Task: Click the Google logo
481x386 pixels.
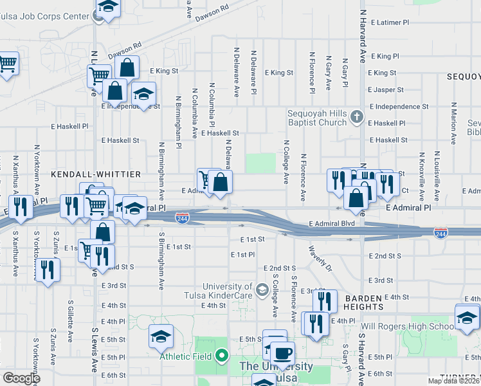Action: point(21,378)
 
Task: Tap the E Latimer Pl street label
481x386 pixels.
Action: point(388,23)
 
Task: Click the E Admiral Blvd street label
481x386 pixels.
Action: point(332,224)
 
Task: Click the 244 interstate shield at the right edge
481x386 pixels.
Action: point(440,232)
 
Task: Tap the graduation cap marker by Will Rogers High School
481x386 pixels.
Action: point(467,316)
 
